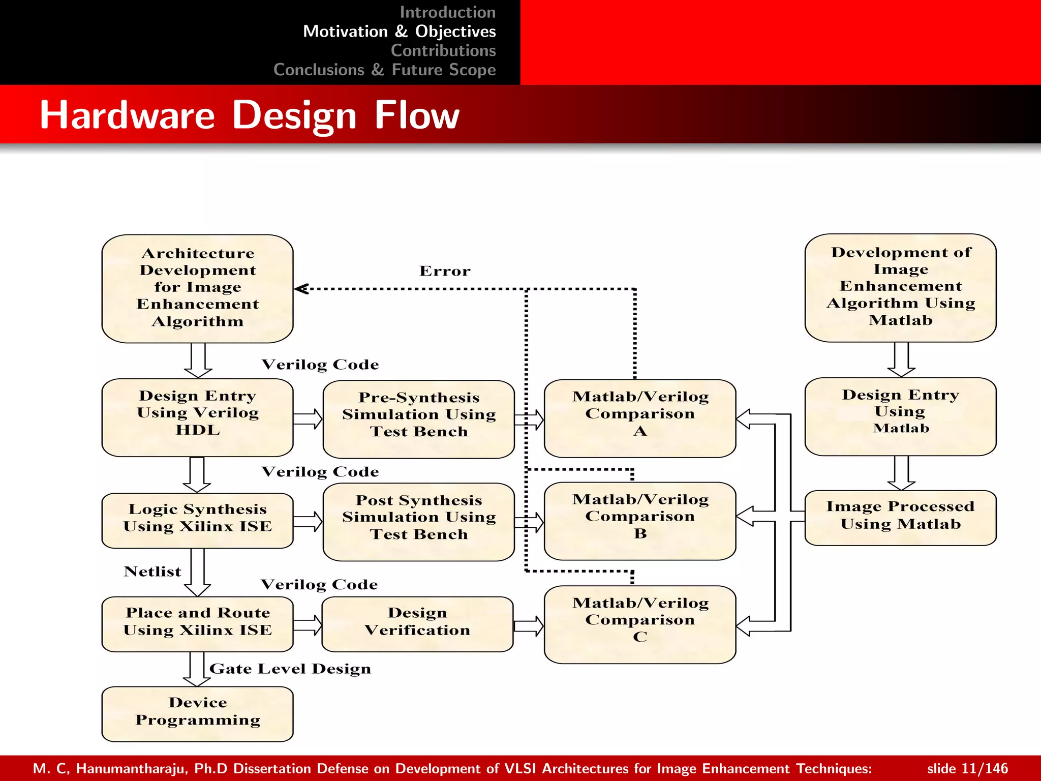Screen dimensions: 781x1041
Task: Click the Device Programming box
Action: (x=197, y=714)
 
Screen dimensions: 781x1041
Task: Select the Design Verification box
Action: (x=417, y=624)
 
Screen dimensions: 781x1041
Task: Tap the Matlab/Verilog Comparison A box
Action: (x=639, y=418)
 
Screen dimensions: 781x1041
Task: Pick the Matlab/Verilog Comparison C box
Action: (x=639, y=624)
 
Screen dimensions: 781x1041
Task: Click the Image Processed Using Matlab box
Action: (x=900, y=518)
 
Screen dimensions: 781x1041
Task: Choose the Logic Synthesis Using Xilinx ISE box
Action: (x=197, y=520)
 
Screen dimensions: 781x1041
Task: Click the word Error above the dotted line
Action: (x=445, y=271)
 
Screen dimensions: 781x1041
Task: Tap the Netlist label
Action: (x=152, y=572)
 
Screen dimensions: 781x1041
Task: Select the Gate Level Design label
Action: (x=290, y=669)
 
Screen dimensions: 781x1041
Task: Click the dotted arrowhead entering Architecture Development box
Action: (x=301, y=289)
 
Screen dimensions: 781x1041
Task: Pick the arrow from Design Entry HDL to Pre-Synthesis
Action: (x=308, y=418)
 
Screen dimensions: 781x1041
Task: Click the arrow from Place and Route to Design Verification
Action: (x=308, y=625)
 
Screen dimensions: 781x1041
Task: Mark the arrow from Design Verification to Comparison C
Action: (x=529, y=625)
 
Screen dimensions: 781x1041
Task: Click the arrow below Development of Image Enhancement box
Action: (x=901, y=359)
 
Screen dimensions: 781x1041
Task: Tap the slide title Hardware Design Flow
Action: (x=249, y=115)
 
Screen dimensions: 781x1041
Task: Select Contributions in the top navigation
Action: (x=443, y=50)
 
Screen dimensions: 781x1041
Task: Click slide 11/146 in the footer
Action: (x=967, y=768)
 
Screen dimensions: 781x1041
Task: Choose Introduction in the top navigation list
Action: (x=447, y=12)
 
